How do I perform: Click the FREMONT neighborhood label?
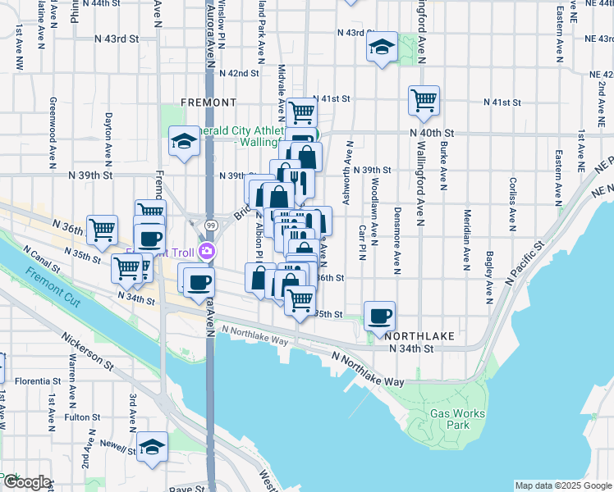(x=209, y=102)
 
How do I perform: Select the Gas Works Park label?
(x=457, y=419)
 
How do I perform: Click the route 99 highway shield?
(x=211, y=225)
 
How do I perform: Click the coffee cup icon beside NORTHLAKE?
(x=380, y=316)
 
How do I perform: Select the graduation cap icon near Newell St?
(x=152, y=447)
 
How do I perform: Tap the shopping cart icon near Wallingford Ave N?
(x=424, y=101)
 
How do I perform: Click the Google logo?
(x=26, y=483)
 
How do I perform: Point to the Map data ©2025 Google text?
(x=563, y=485)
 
